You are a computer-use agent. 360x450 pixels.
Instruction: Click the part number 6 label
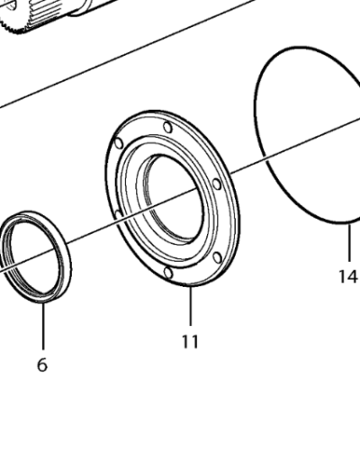point(42,365)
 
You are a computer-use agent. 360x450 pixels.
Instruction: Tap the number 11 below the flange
point(190,341)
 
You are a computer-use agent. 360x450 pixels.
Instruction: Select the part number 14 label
point(348,276)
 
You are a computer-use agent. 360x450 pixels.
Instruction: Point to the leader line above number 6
point(42,326)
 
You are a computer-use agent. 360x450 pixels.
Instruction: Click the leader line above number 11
point(190,306)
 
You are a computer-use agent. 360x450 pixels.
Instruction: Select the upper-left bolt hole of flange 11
point(119,144)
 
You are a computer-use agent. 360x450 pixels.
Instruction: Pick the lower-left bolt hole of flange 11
point(118,214)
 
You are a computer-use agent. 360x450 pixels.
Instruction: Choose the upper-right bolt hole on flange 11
point(216,184)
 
